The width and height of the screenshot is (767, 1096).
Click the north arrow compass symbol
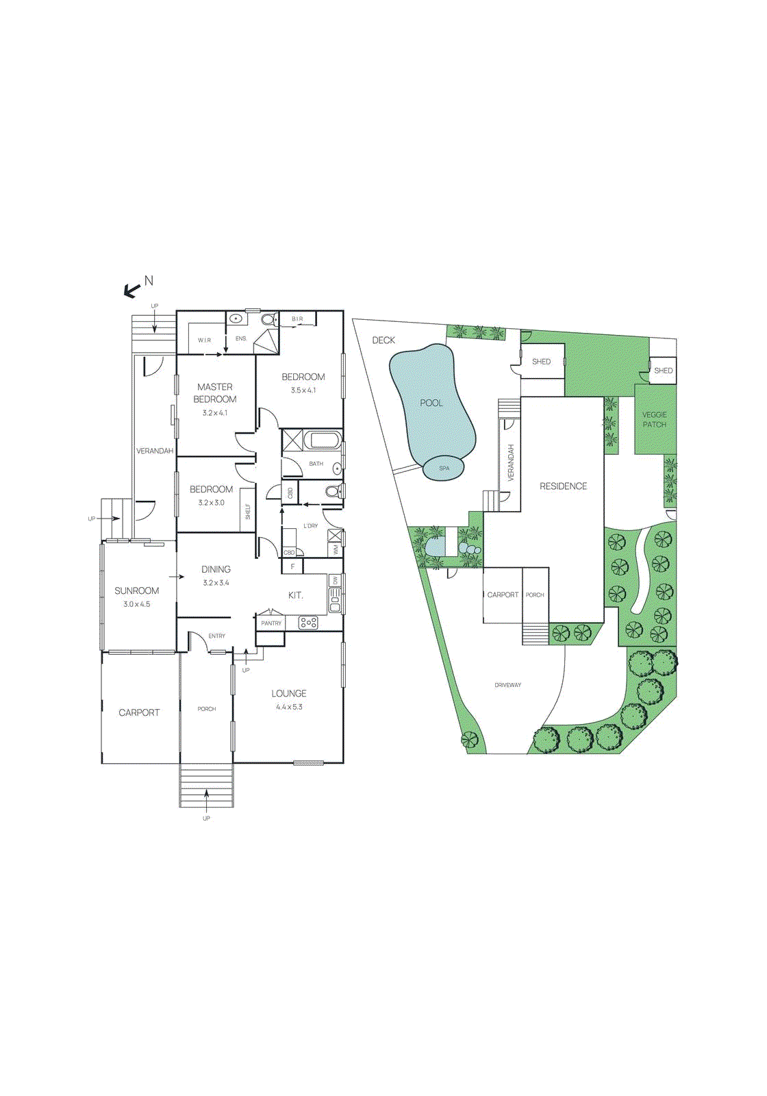coord(132,291)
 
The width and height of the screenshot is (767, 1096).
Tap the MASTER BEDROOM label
coord(215,393)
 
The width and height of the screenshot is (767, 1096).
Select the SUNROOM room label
coord(137,590)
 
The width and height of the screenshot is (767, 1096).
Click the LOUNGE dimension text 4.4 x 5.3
coord(289,707)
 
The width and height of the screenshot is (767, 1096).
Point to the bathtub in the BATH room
coord(322,440)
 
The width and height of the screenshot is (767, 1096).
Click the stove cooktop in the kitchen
coord(308,623)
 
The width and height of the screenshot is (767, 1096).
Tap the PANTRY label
coord(271,623)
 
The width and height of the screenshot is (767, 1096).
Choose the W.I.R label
coord(205,340)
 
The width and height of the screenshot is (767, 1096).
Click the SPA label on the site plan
coord(444,469)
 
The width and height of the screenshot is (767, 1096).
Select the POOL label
coord(431,403)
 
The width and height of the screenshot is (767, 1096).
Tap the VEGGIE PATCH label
coord(655,419)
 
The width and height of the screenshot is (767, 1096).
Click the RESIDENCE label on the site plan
coord(564,486)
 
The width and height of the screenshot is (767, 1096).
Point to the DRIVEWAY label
coord(508,685)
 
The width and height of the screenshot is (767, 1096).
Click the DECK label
coord(383,340)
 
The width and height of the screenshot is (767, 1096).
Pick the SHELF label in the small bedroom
coord(248,512)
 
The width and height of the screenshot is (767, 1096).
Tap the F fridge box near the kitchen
coord(292,566)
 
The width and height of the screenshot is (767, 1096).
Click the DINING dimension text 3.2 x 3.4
coord(216,583)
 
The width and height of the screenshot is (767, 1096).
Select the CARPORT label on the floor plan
coord(139,712)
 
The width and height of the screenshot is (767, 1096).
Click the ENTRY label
coord(217,636)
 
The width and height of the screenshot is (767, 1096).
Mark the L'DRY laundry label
coord(311,526)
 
